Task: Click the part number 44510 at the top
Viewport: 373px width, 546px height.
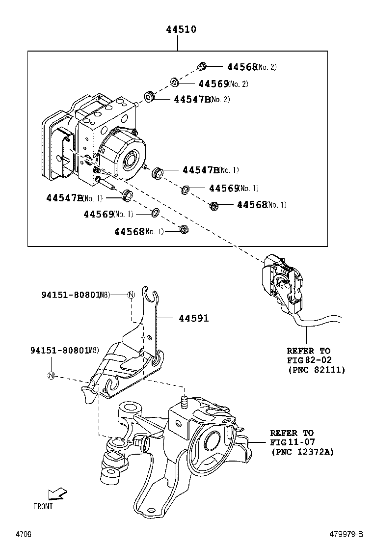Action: coord(181,29)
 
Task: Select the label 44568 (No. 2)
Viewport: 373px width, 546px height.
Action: coord(251,67)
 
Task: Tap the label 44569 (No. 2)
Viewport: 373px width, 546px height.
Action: coord(223,84)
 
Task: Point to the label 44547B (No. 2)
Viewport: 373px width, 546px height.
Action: coord(202,100)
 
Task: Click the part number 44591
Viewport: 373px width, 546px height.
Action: coord(193,318)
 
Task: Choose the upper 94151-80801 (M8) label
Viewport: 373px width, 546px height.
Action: coord(75,295)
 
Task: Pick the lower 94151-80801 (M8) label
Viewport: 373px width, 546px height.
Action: coord(64,350)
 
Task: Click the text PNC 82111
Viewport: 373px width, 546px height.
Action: coord(316,369)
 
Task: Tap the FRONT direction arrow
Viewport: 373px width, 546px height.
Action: coord(57,494)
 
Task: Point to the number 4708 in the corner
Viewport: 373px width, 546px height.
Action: coord(23,534)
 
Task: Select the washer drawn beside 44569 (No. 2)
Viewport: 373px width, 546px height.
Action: coord(174,82)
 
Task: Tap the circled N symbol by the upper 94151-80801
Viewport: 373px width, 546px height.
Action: coord(131,295)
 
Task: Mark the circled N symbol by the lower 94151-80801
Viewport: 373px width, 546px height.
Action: coord(51,376)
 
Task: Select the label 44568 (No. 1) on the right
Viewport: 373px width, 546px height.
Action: coord(262,205)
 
